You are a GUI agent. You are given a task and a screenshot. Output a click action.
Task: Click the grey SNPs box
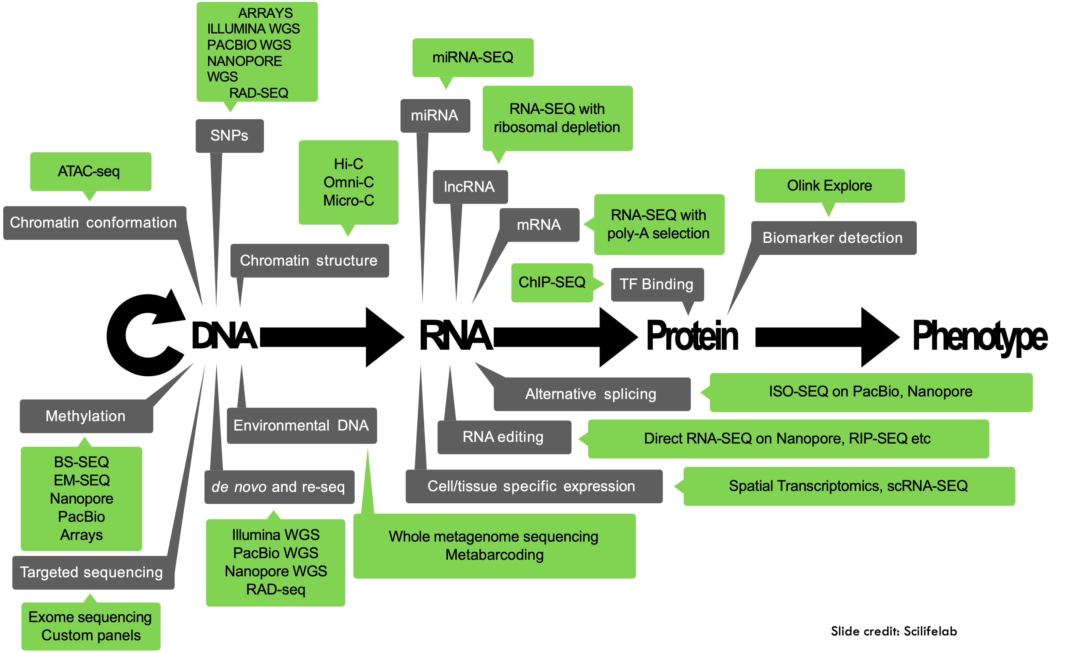230,136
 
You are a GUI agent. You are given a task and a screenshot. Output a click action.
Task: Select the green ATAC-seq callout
90,171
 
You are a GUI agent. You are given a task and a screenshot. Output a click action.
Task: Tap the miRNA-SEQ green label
473,57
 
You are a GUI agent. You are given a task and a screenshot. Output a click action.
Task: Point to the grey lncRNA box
470,186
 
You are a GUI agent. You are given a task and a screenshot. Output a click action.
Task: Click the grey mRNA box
539,224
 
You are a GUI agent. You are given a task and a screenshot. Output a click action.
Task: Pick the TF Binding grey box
657,284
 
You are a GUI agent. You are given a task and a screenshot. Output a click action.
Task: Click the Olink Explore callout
829,186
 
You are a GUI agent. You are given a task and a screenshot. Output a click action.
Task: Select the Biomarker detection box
833,238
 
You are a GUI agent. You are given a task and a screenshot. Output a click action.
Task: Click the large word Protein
692,336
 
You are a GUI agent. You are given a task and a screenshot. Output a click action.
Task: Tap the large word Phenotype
980,337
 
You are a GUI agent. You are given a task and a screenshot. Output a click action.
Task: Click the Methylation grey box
86,416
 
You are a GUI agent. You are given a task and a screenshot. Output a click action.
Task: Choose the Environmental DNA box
301,426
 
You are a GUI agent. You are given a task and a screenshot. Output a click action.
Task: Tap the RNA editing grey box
504,437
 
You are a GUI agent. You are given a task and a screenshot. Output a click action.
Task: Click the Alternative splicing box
591,394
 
